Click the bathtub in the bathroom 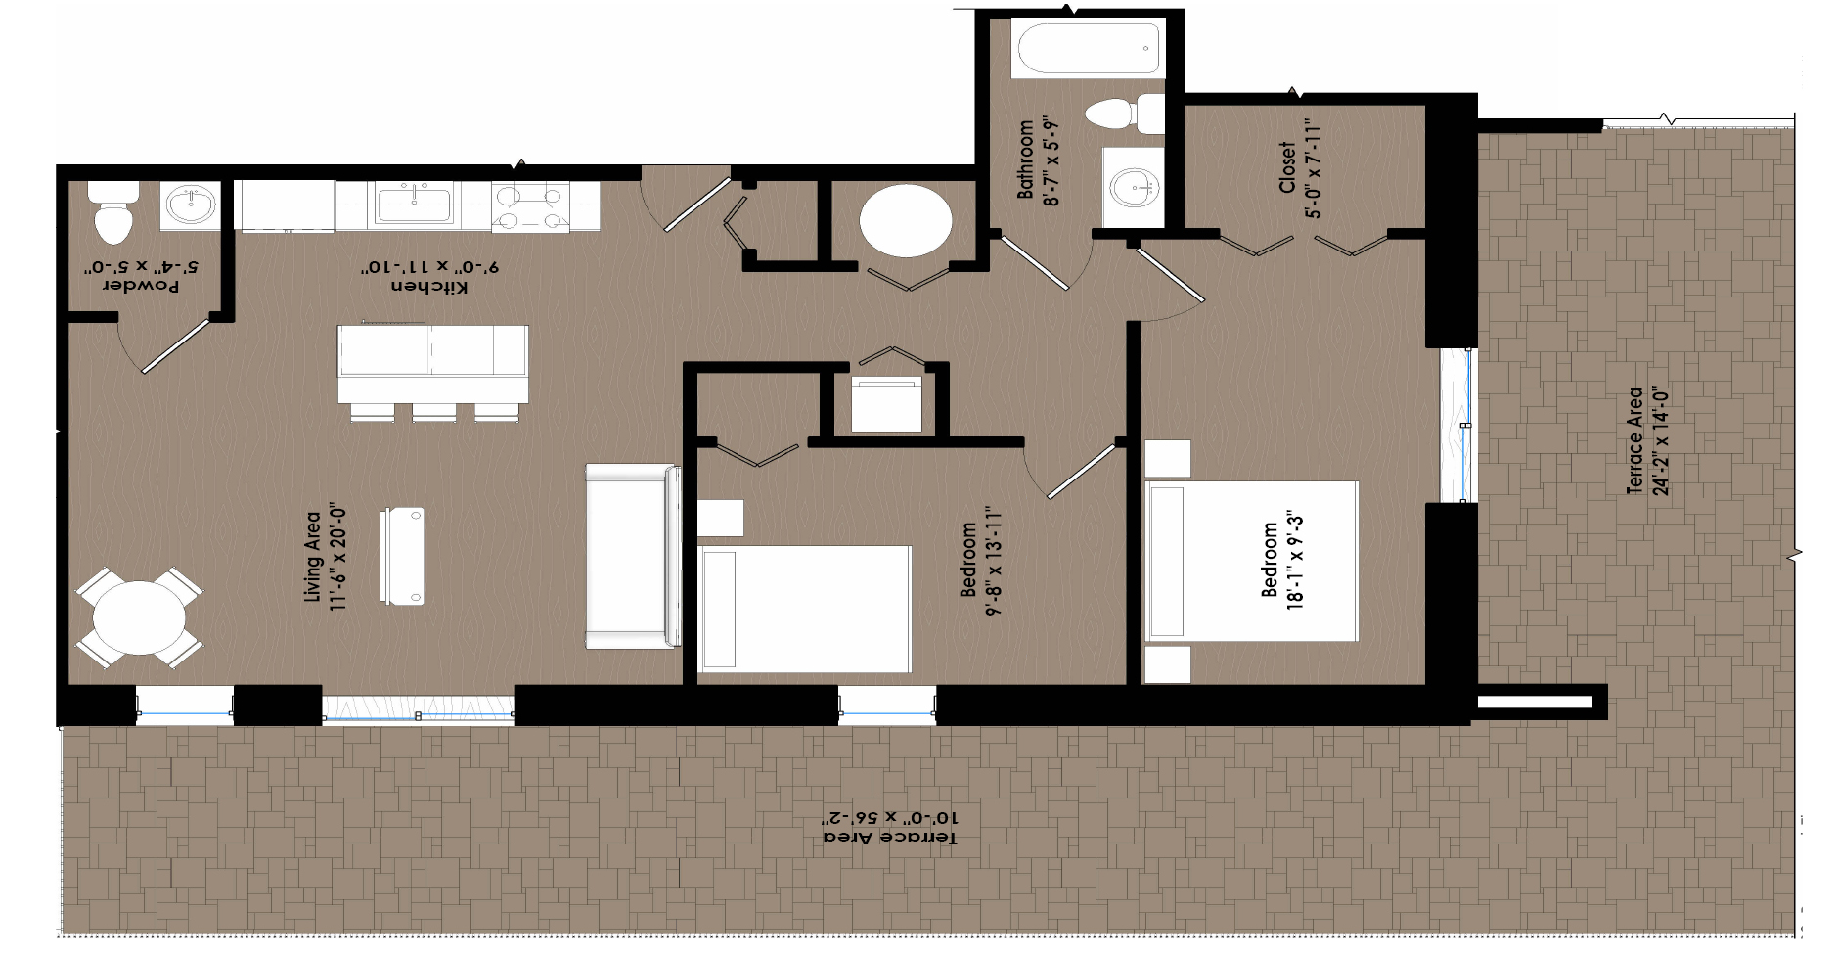1088,51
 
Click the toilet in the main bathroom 1125,114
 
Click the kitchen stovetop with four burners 530,207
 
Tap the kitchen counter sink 414,205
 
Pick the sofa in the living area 634,556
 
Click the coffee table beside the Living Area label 402,556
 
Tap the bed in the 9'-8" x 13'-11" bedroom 805,609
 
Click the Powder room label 143,287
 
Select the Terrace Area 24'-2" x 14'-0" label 1647,442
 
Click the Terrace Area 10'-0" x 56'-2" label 890,828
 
